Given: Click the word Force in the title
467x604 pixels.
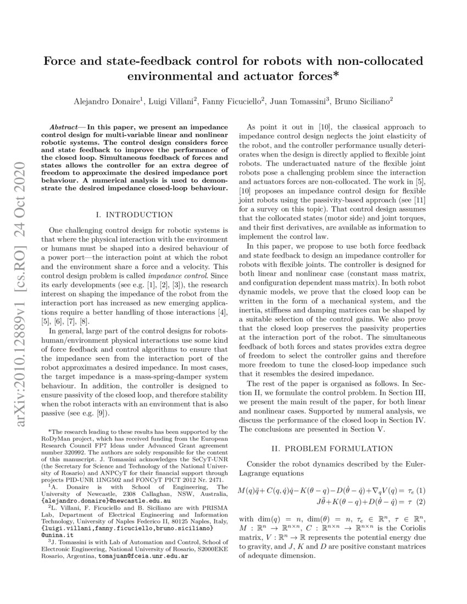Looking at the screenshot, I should [x=62, y=60].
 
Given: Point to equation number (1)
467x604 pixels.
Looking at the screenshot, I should [x=421, y=490].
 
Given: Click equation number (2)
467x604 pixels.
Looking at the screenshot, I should [x=421, y=502].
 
